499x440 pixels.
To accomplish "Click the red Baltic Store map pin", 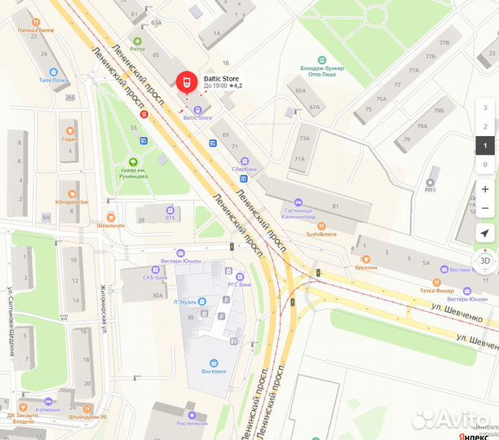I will pos(185,82).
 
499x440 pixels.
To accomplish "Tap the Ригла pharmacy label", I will pos(136,49).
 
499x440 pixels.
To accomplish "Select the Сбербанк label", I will pos(244,169).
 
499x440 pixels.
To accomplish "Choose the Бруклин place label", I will pos(365,266).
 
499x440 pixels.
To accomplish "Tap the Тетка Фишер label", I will pos(437,289).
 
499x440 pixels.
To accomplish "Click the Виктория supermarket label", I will pos(214,370).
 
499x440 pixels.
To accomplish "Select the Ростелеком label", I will pos(192,423).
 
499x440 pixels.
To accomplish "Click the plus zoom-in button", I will pos(485,189).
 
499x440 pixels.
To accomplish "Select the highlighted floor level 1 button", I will pos(485,146).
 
